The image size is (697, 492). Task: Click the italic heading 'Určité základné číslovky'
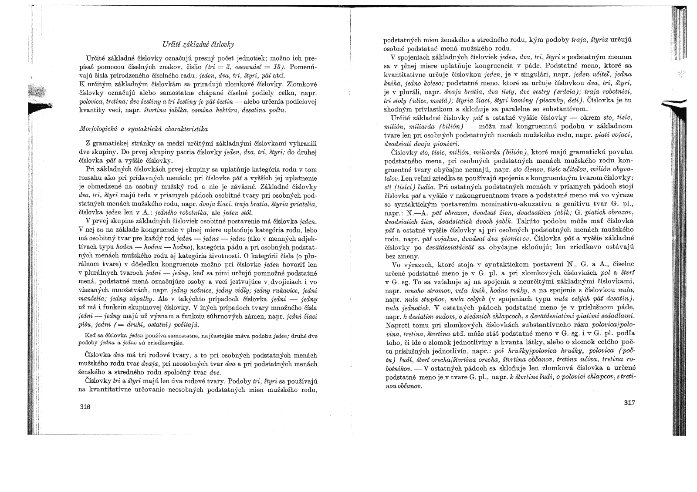point(198,44)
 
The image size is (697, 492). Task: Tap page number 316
point(85,407)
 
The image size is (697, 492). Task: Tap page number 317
point(629,403)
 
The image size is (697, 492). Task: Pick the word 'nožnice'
point(229,290)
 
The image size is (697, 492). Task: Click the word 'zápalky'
point(143,299)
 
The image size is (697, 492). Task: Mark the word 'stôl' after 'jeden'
point(247,212)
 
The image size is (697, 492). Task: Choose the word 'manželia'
point(91,299)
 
